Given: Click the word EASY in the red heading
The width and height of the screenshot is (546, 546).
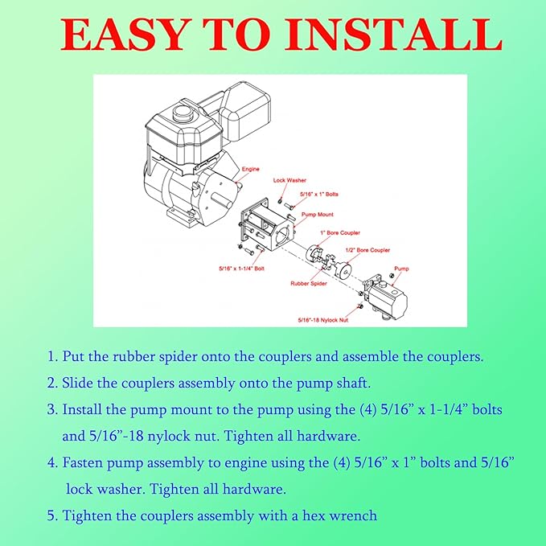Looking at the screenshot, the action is point(123,35).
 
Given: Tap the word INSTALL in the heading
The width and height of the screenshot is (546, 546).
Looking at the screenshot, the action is point(394,35).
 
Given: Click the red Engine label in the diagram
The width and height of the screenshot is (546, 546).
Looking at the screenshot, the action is point(251,169).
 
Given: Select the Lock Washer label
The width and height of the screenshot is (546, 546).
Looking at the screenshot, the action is point(289,180).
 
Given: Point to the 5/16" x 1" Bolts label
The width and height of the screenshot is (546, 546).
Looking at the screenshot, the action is point(319,195).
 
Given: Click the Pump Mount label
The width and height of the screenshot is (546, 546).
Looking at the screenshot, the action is point(317,215).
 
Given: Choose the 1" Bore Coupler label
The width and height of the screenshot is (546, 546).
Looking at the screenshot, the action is point(340,232).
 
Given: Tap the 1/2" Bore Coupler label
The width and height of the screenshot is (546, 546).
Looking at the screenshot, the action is point(367,250).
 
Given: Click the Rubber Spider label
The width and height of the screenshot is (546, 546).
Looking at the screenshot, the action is point(309,283).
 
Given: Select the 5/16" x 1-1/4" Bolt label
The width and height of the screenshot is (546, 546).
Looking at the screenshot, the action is point(242,269).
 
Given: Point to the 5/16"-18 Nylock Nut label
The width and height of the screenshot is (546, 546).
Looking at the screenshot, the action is point(323,320).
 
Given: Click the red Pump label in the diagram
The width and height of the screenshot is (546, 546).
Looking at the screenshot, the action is point(401,269).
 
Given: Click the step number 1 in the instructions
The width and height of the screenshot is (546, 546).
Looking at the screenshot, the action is point(52,356).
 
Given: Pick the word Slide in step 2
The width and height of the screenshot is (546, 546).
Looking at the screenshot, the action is point(77,383).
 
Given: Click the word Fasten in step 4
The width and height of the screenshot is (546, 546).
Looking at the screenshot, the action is point(83,462).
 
